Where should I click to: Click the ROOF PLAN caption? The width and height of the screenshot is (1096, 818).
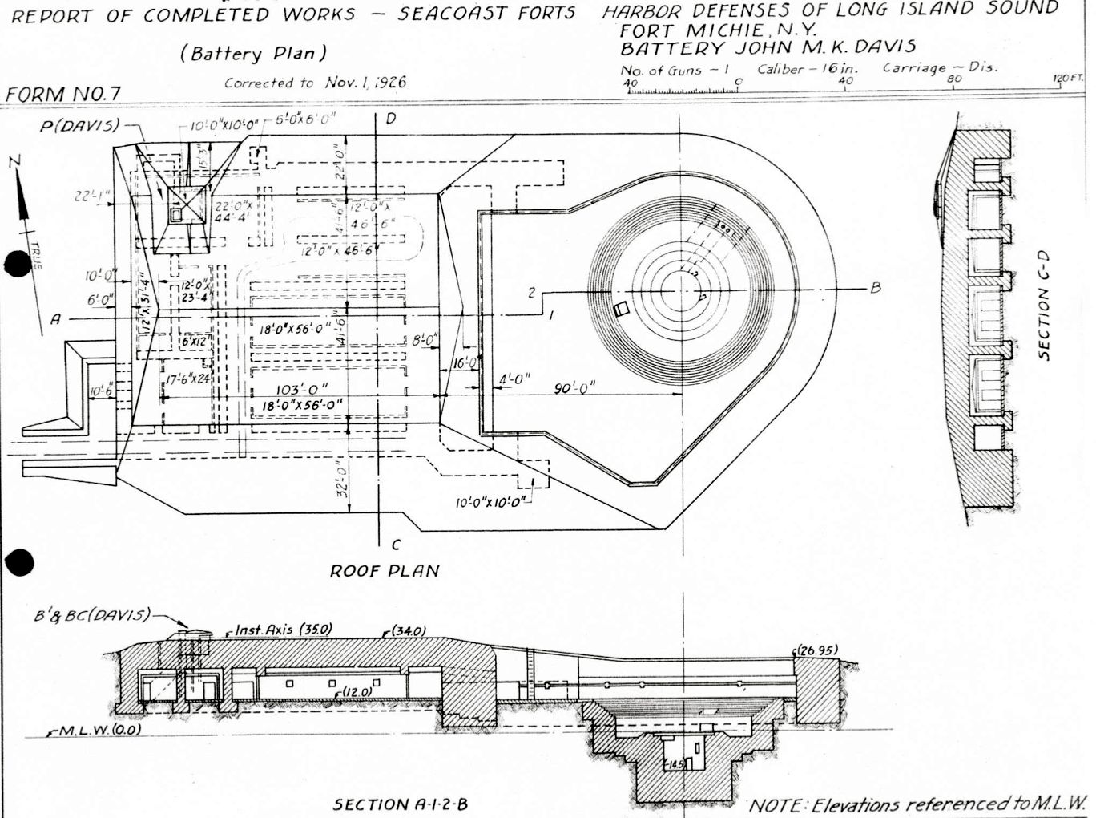pos(385,571)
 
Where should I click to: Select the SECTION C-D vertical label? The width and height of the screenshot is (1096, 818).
pos(1043,306)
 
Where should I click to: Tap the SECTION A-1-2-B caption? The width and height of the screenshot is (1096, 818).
pos(401,804)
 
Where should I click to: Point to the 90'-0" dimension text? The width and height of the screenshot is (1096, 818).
pos(575,389)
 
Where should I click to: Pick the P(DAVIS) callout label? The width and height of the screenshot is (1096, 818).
pos(80,126)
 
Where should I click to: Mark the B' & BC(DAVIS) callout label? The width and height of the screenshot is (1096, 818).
pos(92,615)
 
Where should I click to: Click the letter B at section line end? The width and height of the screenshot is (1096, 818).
pos(876,287)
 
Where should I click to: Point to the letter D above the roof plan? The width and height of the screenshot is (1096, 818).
pos(391,119)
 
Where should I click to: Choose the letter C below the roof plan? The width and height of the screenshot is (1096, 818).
pos(395,545)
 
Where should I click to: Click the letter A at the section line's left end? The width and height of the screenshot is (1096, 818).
pos(55,319)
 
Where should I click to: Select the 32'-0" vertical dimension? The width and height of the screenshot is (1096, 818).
pos(342,479)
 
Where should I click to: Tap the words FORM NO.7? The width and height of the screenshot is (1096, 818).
pos(62,94)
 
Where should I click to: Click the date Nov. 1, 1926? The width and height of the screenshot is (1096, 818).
pos(365,82)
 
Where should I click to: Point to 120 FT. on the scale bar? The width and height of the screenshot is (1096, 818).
pos(1068,79)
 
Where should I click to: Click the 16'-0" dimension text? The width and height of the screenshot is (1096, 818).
pos(465,363)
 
